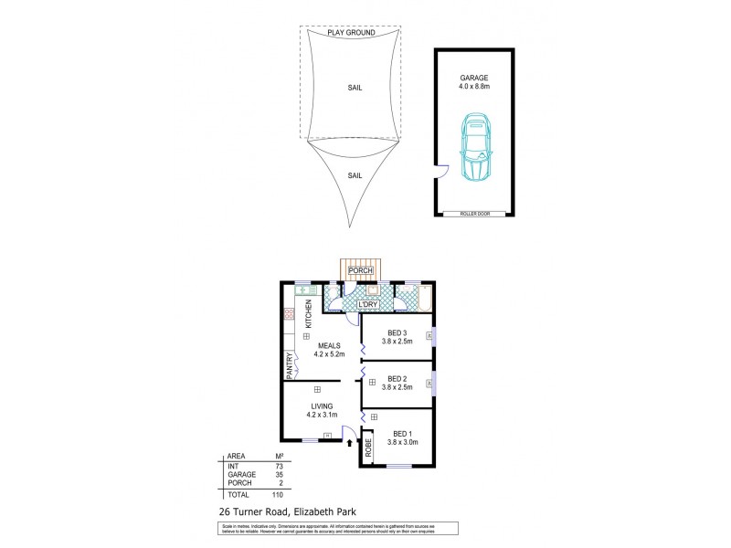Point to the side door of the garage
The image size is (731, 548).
point(440,171)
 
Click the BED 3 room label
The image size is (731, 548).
point(397,332)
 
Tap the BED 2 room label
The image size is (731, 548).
point(397,377)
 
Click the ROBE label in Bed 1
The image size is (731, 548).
point(368,448)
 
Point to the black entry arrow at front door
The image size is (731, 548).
point(350,445)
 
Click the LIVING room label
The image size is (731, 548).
point(321,406)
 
